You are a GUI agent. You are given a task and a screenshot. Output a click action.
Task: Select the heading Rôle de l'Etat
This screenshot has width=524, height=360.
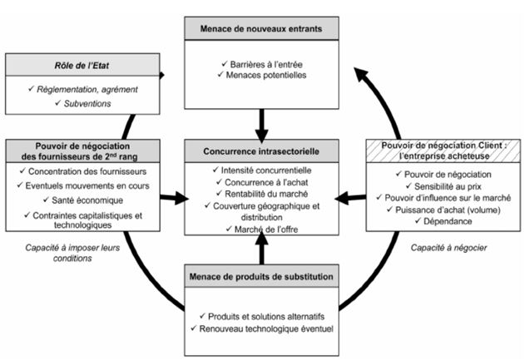[x=82, y=65]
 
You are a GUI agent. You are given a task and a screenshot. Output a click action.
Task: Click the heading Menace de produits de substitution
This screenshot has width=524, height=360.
[x=261, y=276]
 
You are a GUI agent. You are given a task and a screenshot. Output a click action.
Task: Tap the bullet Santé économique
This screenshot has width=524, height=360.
[x=86, y=200]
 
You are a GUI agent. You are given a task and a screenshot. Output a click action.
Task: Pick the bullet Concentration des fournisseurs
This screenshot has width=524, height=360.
[x=86, y=170]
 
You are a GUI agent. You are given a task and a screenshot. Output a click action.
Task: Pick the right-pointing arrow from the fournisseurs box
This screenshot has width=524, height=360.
[x=174, y=198]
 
